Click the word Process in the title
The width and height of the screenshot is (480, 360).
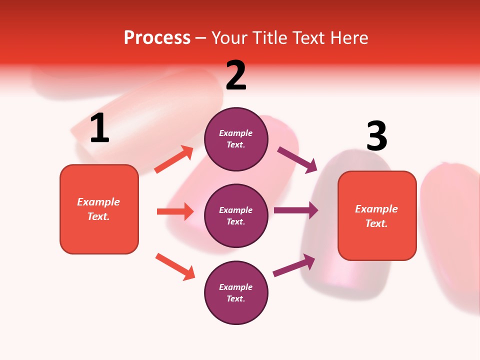[157, 38]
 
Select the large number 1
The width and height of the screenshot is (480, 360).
[99, 128]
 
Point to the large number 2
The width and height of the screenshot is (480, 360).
[236, 75]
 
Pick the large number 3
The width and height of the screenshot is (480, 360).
[377, 136]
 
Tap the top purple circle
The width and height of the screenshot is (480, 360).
[236, 139]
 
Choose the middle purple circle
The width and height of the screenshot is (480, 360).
[236, 216]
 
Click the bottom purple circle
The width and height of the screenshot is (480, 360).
[236, 293]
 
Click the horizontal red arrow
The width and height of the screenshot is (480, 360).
[175, 211]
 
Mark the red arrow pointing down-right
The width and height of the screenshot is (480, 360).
[175, 266]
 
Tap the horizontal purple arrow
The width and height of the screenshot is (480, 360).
[295, 210]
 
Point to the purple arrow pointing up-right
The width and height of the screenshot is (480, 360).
[294, 265]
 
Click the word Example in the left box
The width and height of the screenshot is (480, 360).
[98, 202]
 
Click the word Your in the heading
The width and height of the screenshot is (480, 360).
[228, 38]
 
